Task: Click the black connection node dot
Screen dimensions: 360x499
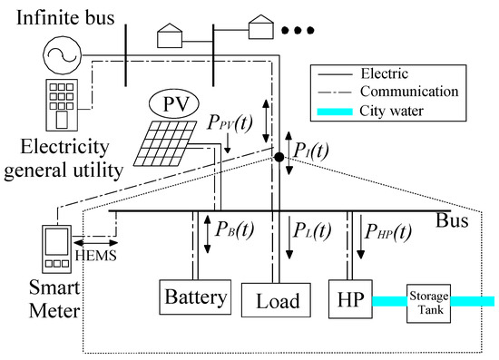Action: click(280, 158)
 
